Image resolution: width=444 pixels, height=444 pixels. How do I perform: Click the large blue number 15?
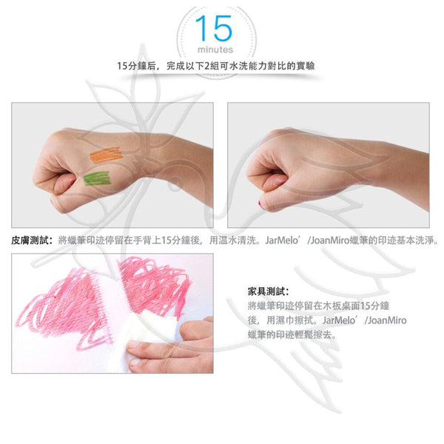pyautogui.click(x=215, y=28)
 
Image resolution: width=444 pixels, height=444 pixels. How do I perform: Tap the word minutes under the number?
pyautogui.click(x=215, y=50)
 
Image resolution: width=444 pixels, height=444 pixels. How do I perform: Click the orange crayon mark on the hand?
pyautogui.click(x=106, y=155)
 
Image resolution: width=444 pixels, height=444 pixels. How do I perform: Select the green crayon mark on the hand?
pyautogui.click(x=96, y=178)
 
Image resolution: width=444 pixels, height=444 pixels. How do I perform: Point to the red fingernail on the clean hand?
pyautogui.click(x=260, y=203)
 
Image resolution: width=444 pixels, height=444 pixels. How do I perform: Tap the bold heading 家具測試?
pyautogui.click(x=268, y=292)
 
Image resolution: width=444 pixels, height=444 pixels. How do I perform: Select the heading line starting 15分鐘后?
pyautogui.click(x=216, y=66)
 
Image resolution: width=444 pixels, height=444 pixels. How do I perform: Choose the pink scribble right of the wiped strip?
pyautogui.click(x=155, y=286)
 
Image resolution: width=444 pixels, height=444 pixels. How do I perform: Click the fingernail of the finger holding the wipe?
pyautogui.click(x=134, y=344)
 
